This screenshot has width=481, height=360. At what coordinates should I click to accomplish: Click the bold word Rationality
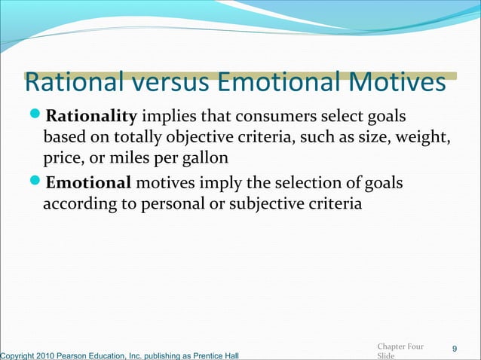[x=91, y=117]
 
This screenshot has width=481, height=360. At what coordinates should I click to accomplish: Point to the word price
[x=60, y=160]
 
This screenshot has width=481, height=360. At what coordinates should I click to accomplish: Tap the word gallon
[x=201, y=160]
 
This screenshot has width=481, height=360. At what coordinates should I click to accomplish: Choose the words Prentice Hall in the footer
[x=217, y=355]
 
